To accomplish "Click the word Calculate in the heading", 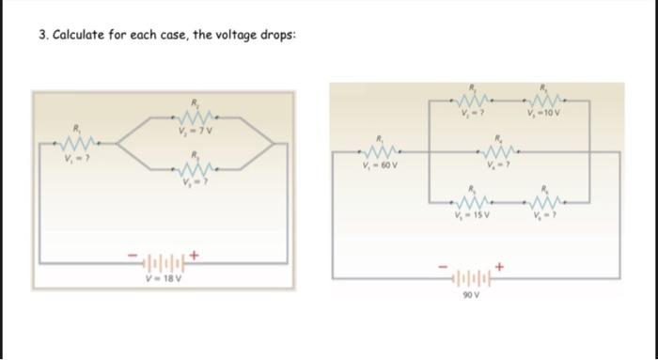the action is (83, 35).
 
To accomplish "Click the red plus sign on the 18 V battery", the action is (196, 252).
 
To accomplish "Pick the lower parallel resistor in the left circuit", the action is (196, 169).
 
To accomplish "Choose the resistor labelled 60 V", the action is (379, 154).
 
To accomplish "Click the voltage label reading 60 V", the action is (379, 167).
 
